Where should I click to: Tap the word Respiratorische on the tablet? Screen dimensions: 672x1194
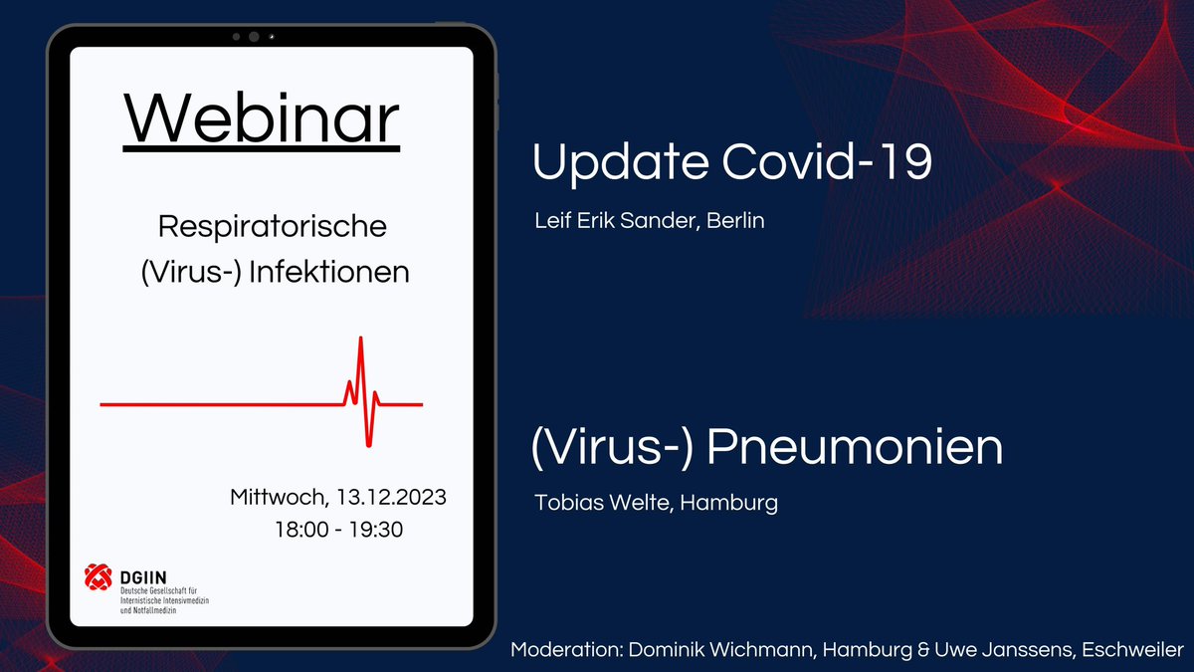click(x=273, y=227)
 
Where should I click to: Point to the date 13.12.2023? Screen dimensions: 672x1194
click(x=393, y=496)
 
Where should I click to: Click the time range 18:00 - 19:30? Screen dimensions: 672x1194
click(x=338, y=530)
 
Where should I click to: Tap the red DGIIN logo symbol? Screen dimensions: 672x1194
click(x=99, y=576)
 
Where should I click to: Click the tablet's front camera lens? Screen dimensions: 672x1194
click(x=254, y=37)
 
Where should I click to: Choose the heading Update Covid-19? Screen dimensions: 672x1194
click(x=731, y=162)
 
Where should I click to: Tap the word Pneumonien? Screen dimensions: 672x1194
click(x=855, y=449)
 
